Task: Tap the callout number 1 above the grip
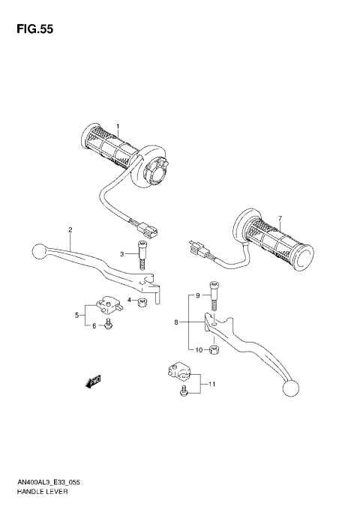pos(117,127)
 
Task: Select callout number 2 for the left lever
pos(70,229)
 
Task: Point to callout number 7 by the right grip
pos(280,219)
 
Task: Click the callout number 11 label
pos(212,385)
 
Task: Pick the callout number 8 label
pos(176,323)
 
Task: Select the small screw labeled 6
pos(110,324)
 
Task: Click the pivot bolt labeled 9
pos(214,296)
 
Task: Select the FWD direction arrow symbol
pos(94,382)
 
